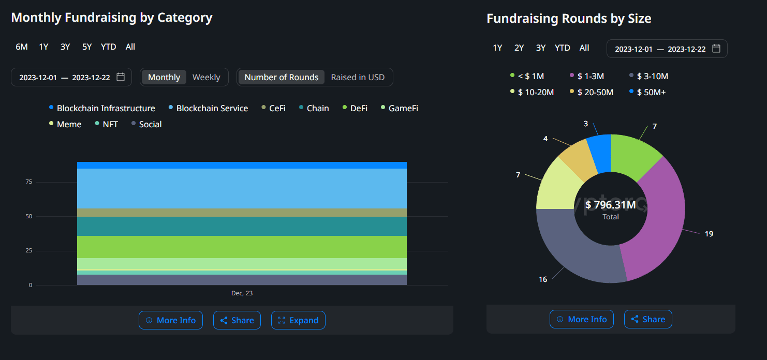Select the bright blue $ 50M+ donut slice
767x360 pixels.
click(599, 153)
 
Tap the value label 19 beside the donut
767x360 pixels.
click(709, 234)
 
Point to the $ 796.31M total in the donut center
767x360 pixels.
click(611, 205)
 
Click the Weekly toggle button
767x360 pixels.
click(206, 77)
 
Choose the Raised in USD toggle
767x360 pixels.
click(358, 77)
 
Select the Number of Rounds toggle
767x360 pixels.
click(281, 77)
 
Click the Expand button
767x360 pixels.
click(298, 320)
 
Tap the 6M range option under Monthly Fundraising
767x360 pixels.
click(22, 47)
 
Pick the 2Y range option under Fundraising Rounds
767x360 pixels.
click(519, 48)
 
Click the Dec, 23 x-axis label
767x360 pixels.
click(242, 293)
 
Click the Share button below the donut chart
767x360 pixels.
click(648, 319)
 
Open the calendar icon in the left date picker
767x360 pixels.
click(121, 77)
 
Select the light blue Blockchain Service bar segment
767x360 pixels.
click(242, 188)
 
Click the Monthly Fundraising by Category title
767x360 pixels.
click(112, 17)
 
